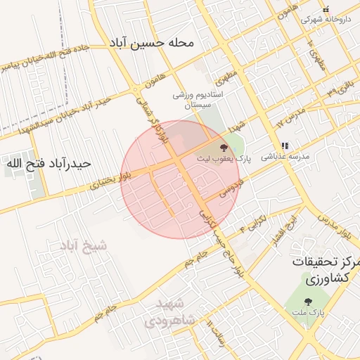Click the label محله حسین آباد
tap(150, 43)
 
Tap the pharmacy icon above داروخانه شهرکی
tap(325, 9)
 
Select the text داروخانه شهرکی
tap(325, 20)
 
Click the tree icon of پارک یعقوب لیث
tap(224, 148)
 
